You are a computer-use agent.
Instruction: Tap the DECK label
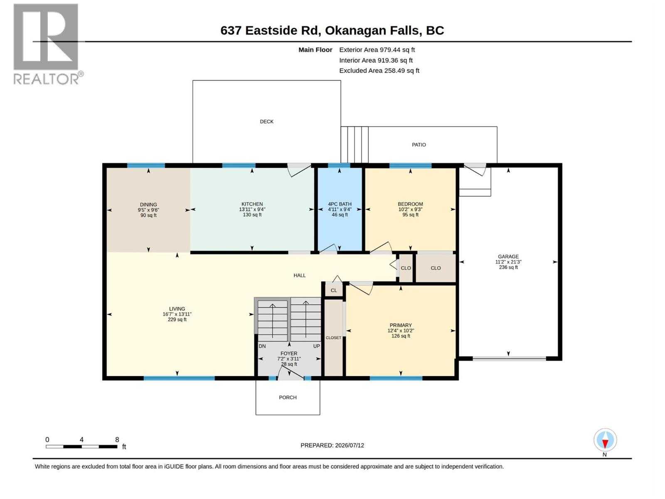click(x=266, y=121)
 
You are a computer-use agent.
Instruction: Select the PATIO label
click(x=419, y=145)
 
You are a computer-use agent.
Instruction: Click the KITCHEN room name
click(x=252, y=204)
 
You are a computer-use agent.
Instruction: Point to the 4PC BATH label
click(x=340, y=204)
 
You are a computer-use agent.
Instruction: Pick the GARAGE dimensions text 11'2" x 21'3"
click(x=508, y=262)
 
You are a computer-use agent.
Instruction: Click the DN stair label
click(x=262, y=346)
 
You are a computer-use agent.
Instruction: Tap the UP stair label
click(x=316, y=346)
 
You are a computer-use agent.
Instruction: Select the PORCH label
click(x=288, y=398)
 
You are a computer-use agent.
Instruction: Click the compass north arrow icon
click(x=605, y=440)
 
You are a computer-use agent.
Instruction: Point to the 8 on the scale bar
click(x=117, y=440)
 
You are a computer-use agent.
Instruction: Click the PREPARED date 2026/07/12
click(x=349, y=445)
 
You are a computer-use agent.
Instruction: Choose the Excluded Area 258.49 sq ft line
click(x=379, y=71)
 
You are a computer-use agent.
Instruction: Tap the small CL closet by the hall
click(x=334, y=291)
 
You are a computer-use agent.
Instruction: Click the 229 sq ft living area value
click(x=177, y=320)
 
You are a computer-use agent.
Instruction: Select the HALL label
click(x=299, y=275)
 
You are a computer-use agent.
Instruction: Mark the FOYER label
click(x=289, y=353)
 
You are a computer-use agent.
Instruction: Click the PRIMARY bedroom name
click(x=401, y=326)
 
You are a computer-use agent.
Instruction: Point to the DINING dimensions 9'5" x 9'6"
click(x=148, y=210)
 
